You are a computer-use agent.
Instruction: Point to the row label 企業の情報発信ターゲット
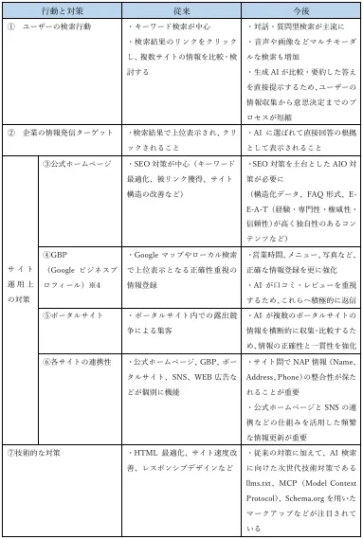click(x=62, y=135)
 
